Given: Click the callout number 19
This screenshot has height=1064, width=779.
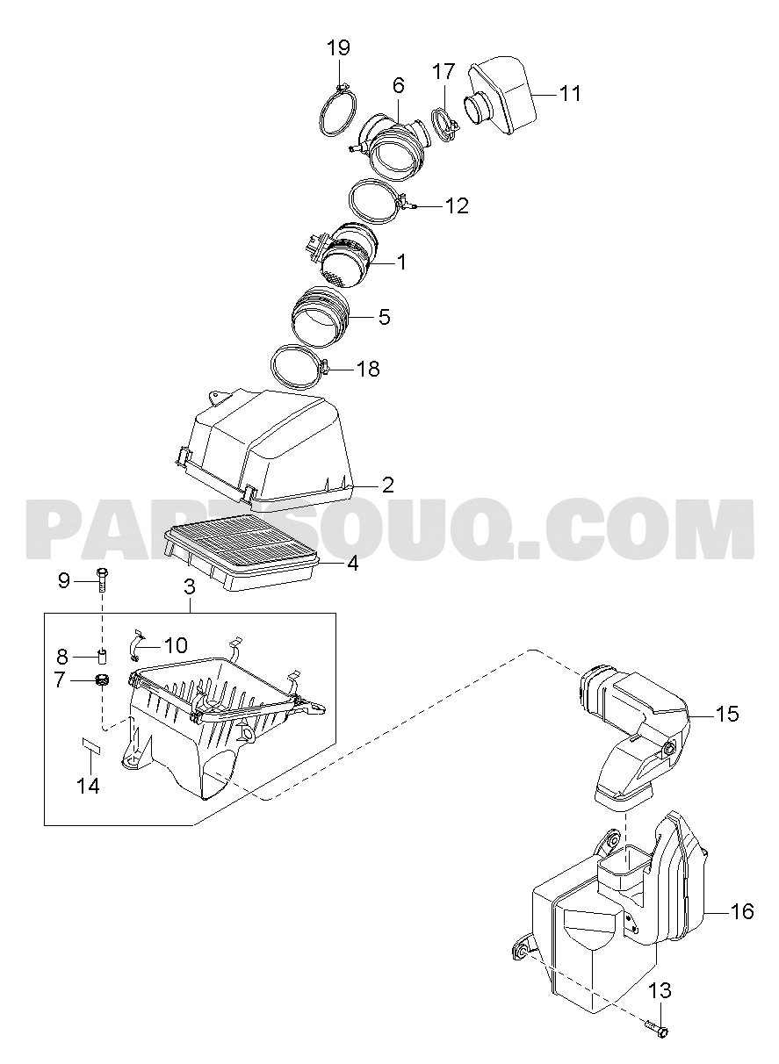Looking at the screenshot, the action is point(338,47).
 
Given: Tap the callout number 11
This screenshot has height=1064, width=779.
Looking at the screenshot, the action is point(569,94).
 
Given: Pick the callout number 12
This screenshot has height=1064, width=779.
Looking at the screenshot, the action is point(457,205).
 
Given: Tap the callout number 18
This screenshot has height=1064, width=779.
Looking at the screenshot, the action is point(368,368).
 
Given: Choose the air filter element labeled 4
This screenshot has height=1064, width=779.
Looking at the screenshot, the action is point(242,552).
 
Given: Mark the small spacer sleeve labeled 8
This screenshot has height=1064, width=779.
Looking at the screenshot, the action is point(102,656).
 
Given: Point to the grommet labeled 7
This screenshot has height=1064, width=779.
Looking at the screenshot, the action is point(103,680).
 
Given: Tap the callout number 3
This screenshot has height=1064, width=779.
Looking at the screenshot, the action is point(189,586).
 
